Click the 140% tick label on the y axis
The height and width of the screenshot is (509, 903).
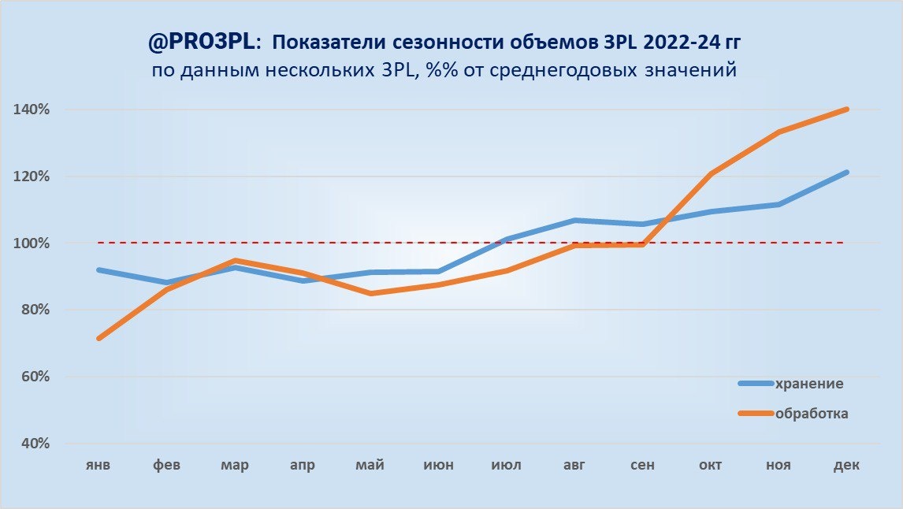click(x=32, y=110)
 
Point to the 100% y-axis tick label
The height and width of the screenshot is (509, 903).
click(x=32, y=243)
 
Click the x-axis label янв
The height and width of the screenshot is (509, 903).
click(x=98, y=466)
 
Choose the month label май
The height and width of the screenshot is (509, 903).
click(x=370, y=466)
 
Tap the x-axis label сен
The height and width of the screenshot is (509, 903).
click(x=642, y=466)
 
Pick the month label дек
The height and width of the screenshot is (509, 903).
click(x=846, y=466)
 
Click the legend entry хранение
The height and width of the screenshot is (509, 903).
click(x=809, y=384)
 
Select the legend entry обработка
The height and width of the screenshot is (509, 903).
click(x=812, y=413)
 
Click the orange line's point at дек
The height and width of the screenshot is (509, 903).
click(x=847, y=110)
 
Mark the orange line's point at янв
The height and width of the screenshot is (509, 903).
click(x=98, y=339)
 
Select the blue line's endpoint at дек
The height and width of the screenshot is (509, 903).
click(x=847, y=172)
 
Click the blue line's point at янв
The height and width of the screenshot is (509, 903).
click(x=98, y=269)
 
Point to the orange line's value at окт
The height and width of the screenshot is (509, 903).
click(x=711, y=173)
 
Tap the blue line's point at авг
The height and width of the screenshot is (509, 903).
click(x=575, y=220)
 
